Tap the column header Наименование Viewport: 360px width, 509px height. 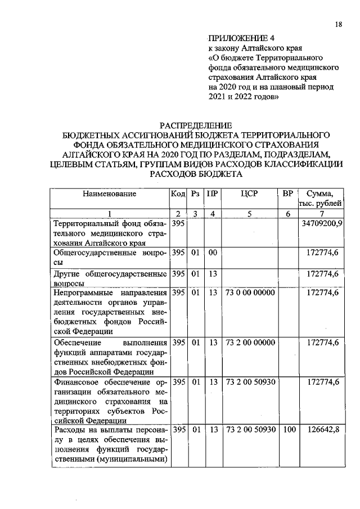pos(110,193)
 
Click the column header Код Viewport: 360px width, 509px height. pos(178,193)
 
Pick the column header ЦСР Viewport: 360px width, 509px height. pos(249,193)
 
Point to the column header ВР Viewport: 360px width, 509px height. pos(287,193)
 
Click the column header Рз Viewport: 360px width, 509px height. pos(196,193)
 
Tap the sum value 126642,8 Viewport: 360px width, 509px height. pos(323,430)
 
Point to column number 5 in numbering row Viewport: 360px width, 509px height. pos(249,213)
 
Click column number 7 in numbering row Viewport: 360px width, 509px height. pos(321,213)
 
